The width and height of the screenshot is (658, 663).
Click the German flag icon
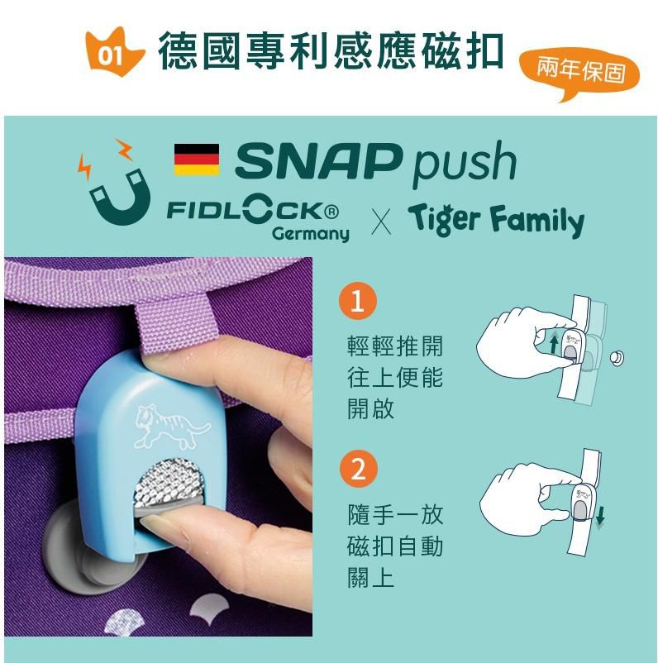197,160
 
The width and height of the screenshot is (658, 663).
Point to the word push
465,163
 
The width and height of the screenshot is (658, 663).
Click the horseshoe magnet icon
122,195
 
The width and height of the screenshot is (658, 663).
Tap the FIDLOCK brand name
252,210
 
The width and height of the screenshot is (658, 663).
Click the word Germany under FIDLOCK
311,234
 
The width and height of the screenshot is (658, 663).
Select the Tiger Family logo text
496,220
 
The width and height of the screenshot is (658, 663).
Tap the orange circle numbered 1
357,301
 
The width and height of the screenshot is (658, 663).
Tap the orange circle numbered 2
358,469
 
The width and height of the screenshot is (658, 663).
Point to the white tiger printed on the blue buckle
171,426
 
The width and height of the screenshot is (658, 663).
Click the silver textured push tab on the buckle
169,482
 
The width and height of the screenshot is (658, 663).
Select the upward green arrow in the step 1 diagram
554,341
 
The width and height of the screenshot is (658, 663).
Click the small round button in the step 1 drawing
617,358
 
